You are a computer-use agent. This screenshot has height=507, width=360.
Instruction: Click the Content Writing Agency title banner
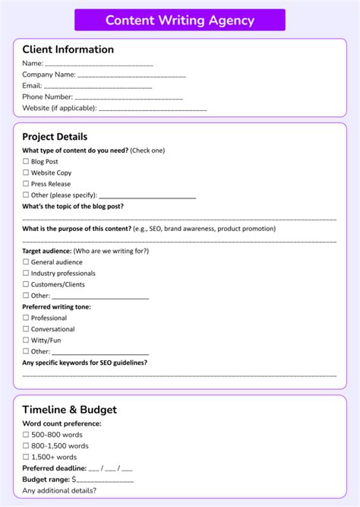tap(180, 20)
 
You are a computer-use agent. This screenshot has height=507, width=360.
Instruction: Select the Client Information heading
tap(68, 49)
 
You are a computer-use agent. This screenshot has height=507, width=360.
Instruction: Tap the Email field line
tap(98, 87)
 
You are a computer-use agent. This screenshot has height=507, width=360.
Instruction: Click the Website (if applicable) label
tap(59, 108)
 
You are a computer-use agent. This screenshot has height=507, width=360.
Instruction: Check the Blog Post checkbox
tap(26, 162)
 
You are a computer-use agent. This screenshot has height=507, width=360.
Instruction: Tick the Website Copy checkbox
tap(26, 173)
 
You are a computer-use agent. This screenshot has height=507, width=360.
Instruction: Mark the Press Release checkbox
tap(26, 184)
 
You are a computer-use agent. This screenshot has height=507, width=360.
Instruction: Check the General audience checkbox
tap(26, 262)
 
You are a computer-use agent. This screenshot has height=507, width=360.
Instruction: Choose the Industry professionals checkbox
tap(26, 273)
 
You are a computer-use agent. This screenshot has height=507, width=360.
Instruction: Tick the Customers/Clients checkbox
tap(26, 284)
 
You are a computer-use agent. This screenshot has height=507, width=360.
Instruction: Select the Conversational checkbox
tap(26, 329)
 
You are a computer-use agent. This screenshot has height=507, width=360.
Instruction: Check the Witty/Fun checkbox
tap(26, 341)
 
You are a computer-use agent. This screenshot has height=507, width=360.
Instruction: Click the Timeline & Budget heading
tap(70, 410)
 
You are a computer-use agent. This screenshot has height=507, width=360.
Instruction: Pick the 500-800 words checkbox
tap(26, 435)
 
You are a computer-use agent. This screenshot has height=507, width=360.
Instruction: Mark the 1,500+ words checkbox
tap(26, 457)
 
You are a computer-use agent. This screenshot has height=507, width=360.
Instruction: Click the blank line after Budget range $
tap(105, 480)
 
